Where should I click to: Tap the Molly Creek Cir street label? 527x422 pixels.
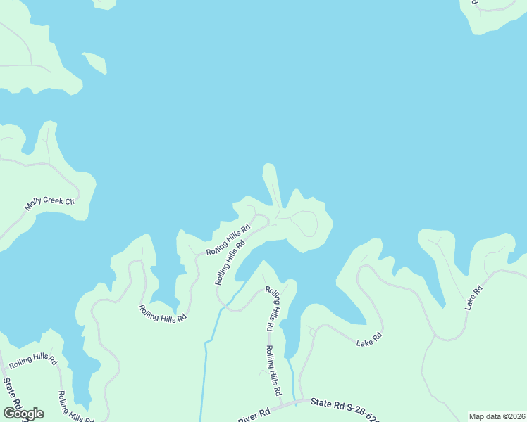(49, 204)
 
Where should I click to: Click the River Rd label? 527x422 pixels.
(254, 414)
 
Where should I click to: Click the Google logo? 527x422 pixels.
(23, 414)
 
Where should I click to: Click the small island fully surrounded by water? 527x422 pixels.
(96, 63)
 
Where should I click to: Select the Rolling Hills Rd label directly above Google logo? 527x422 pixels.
(33, 358)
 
